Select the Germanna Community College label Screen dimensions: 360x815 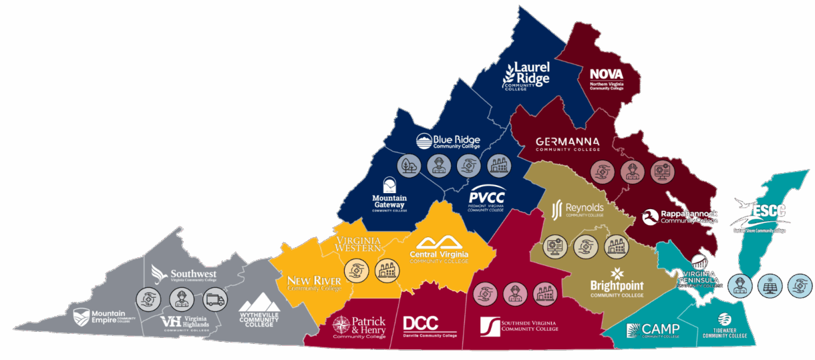567,144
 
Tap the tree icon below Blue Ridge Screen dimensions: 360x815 408,166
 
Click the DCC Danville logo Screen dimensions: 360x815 430,326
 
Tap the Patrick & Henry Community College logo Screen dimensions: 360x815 359,327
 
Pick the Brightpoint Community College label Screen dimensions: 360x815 617,281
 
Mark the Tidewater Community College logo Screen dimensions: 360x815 724,327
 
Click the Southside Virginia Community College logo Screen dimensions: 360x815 519,326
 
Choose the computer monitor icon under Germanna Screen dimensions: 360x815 662,172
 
